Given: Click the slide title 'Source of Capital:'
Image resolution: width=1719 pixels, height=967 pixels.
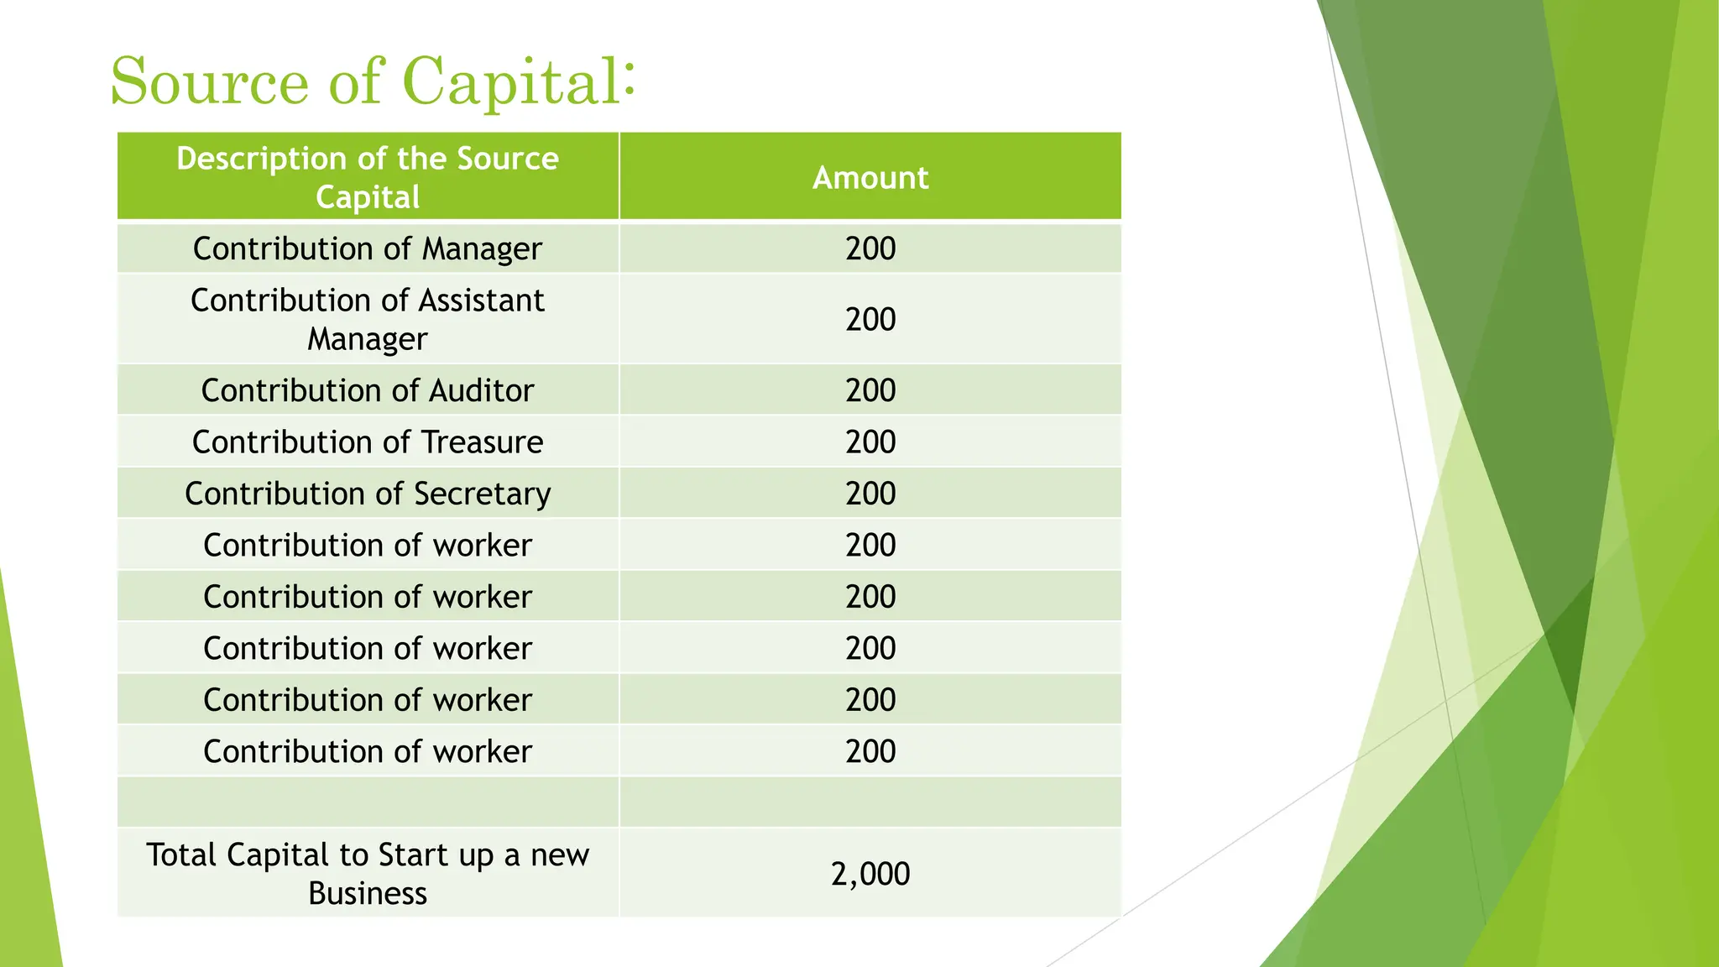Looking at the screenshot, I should [x=373, y=81].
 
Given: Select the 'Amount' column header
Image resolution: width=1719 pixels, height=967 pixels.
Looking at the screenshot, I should [x=870, y=178].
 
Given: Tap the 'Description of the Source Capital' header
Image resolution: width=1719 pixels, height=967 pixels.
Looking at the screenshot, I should [x=368, y=177].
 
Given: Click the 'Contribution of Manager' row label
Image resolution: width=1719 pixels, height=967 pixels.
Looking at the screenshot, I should [x=368, y=248].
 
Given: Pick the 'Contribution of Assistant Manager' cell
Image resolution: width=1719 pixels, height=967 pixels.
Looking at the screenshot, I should [x=368, y=319].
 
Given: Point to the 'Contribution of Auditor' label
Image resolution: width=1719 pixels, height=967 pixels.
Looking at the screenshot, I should [x=368, y=390].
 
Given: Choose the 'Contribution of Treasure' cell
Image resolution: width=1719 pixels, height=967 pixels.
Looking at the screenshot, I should [x=368, y=442].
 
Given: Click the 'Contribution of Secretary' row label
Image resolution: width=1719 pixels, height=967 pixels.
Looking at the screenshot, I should [x=368, y=494].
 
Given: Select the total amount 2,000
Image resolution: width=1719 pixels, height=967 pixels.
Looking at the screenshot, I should [x=870, y=874].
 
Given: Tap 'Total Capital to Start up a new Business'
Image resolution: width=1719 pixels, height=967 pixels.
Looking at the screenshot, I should [x=368, y=874].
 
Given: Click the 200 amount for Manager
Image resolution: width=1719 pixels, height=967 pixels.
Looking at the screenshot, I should [x=870, y=248].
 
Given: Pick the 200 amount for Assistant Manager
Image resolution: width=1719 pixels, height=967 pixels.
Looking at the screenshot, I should [x=870, y=319].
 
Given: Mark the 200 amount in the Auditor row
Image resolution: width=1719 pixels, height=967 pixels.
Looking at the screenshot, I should [x=870, y=390].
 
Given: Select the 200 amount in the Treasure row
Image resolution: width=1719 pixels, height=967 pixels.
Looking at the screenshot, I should [x=870, y=442].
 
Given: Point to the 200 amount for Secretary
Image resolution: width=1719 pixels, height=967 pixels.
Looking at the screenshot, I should [x=870, y=494].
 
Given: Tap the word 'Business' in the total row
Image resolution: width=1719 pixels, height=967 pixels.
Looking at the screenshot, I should [x=368, y=893].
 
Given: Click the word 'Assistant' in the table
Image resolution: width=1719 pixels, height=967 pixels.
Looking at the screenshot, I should [x=481, y=301].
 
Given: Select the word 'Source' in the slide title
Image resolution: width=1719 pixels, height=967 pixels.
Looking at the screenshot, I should [x=210, y=81].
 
